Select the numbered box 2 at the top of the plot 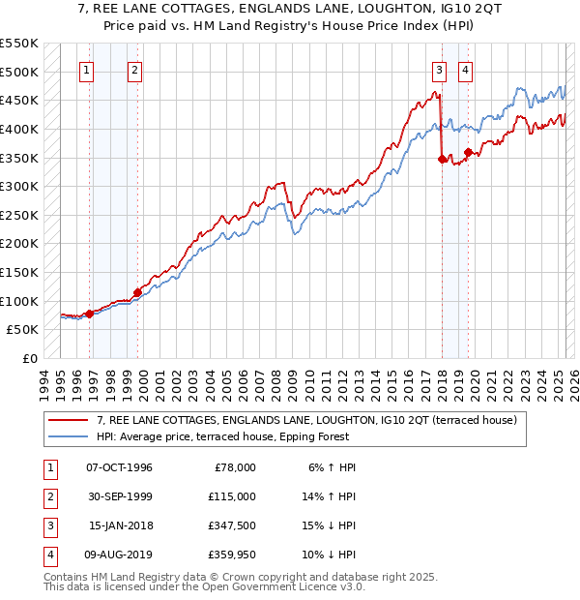[x=134, y=70]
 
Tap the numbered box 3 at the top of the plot [x=439, y=70]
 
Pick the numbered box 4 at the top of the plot [x=465, y=70]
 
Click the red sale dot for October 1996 [x=89, y=314]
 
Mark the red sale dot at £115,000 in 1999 [x=137, y=292]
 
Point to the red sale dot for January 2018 [x=443, y=160]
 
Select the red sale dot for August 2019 [x=468, y=152]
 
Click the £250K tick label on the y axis [x=19, y=215]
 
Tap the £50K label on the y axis [x=23, y=330]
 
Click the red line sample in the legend [x=69, y=420]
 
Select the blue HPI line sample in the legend [x=69, y=436]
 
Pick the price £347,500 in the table [x=231, y=527]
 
